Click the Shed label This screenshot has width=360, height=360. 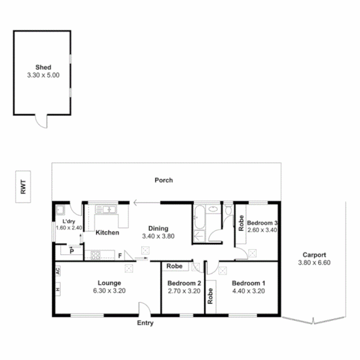click(43, 68)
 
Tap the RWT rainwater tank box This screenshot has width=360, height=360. click(23, 187)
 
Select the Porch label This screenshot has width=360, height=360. click(164, 180)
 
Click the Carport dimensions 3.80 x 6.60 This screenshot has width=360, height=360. click(314, 263)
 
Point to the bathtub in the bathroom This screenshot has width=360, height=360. click(199, 217)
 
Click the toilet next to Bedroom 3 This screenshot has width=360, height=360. click(228, 210)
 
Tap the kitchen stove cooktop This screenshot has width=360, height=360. click(96, 255)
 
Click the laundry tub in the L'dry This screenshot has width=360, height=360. click(60, 210)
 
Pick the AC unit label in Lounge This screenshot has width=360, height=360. click(58, 271)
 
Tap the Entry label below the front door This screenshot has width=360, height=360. click(145, 323)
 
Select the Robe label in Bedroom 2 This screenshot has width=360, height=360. click(174, 266)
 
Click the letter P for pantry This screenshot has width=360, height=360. click(71, 251)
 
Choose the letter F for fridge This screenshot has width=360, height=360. click(120, 256)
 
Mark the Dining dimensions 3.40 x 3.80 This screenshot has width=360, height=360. click(158, 236)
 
